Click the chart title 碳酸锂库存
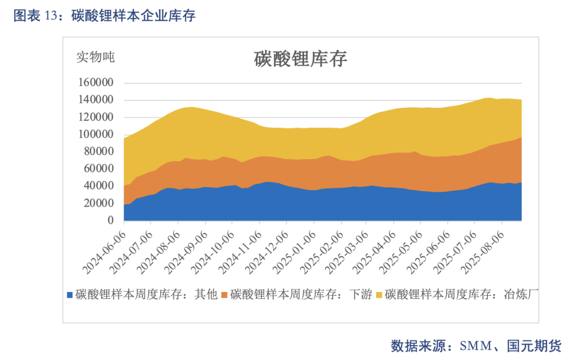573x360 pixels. click(300, 59)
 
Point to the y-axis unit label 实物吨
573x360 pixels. click(95, 57)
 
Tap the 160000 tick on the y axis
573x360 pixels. click(95, 82)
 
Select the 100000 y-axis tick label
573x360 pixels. click(95, 134)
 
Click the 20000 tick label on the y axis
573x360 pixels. click(99, 203)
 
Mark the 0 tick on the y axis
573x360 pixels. click(110, 220)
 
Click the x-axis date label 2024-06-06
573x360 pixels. click(104, 253)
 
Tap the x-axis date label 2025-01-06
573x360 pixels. click(294, 253)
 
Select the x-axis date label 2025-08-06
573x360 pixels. click(482, 253)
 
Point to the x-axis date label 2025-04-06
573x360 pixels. click(374, 253)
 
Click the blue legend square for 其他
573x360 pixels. click(70, 295)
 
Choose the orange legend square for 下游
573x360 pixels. click(224, 295)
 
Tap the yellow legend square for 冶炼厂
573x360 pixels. click(379, 295)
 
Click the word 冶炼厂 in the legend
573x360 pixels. click(521, 294)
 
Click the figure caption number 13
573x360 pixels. click(51, 16)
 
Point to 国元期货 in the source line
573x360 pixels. click(534, 346)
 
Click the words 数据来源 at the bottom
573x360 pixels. click(418, 346)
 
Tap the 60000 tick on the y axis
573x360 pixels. click(99, 168)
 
